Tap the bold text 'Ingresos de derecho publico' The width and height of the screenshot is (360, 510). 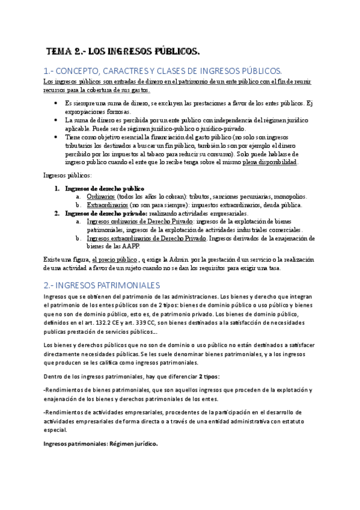(x=105, y=188)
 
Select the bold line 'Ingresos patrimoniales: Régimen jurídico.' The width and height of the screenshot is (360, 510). (x=100, y=443)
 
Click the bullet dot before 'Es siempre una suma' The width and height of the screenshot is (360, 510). (x=55, y=103)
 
